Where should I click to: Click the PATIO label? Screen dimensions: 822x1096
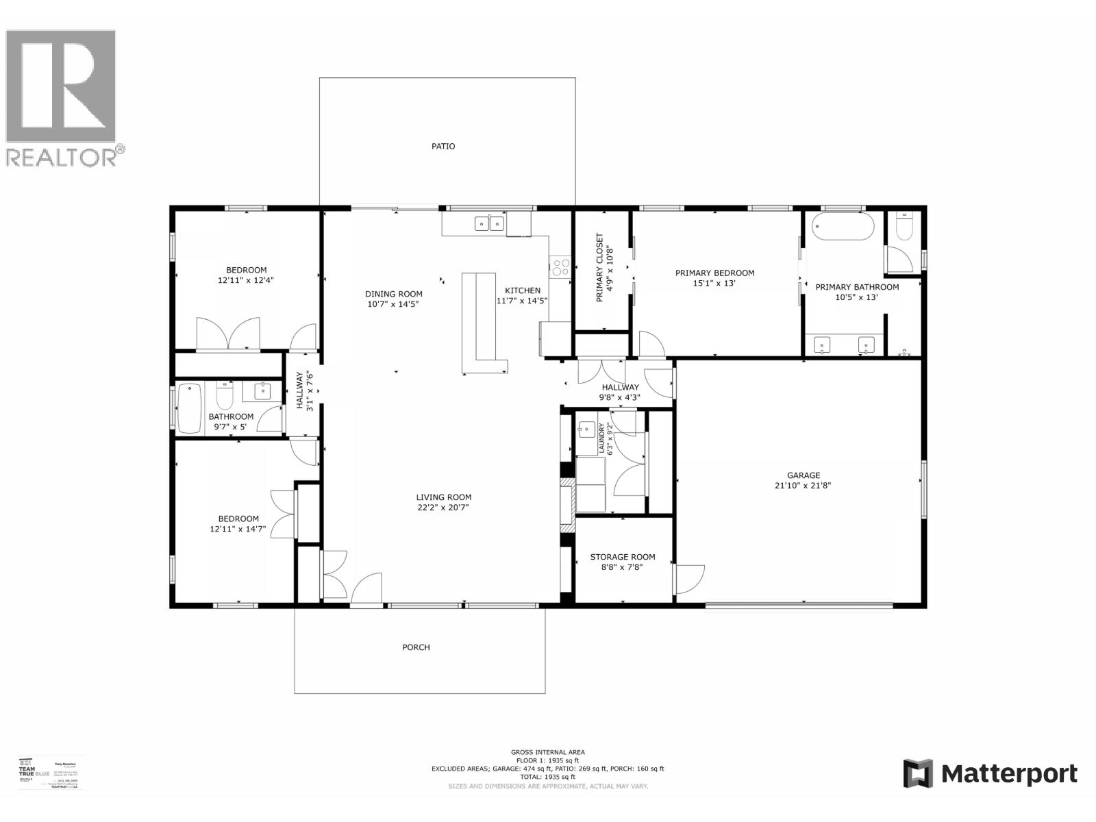(443, 146)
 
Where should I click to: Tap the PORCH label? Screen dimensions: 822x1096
(416, 647)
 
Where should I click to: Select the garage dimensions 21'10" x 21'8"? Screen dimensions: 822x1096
(804, 486)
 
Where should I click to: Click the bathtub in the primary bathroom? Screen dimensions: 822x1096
(842, 227)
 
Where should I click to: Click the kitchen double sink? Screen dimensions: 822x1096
(489, 223)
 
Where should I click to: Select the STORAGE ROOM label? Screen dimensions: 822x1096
(623, 557)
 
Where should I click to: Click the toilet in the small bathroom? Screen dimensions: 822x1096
(225, 397)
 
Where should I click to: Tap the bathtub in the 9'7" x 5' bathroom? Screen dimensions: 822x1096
(190, 408)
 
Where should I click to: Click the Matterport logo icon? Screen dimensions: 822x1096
(918, 774)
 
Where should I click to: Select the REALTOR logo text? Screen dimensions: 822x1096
(65, 157)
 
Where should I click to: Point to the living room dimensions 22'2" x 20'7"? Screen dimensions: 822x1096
(443, 508)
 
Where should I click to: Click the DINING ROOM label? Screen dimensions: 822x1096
(393, 294)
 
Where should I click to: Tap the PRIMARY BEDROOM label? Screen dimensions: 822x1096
(714, 273)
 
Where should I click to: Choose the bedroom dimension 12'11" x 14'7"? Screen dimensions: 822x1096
(238, 529)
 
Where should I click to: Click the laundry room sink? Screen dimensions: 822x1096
(586, 430)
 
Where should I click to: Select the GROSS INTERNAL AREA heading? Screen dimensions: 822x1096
(547, 752)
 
